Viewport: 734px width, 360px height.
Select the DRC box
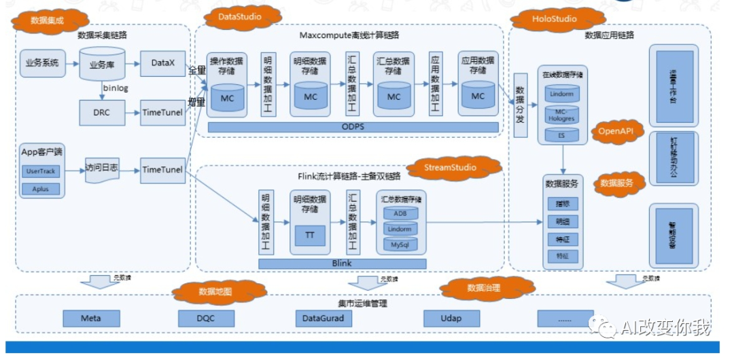pyautogui.click(x=103, y=112)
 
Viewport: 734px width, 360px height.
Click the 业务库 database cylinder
pyautogui.click(x=101, y=66)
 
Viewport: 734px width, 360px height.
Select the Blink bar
pyautogui.click(x=342, y=263)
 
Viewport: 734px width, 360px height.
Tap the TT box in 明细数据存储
pyautogui.click(x=310, y=235)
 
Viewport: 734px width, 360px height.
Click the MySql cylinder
pyautogui.click(x=400, y=244)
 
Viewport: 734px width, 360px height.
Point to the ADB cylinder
pyautogui.click(x=400, y=213)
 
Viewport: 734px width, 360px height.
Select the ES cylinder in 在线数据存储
pyautogui.click(x=562, y=134)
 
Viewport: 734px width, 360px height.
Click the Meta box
pyautogui.click(x=91, y=318)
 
